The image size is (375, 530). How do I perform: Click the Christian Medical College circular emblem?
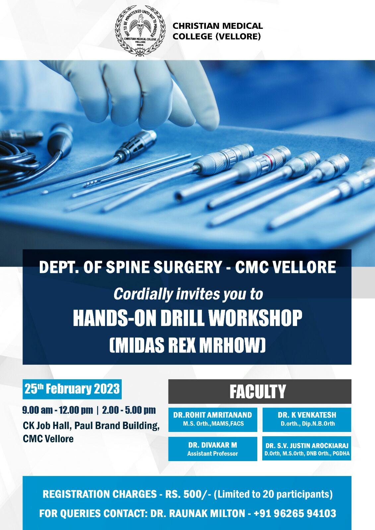(x=140, y=31)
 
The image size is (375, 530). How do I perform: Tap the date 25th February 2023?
(x=72, y=389)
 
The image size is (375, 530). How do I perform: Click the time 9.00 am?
(x=37, y=410)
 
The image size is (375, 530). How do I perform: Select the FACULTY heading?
(x=258, y=392)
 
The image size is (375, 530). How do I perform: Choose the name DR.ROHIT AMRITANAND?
(x=213, y=415)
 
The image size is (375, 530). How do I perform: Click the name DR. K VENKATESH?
(x=307, y=415)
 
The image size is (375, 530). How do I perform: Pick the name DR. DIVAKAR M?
(x=213, y=445)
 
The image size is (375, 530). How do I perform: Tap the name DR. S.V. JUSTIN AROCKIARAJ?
(x=307, y=446)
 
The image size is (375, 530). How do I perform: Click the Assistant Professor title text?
(x=213, y=453)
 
